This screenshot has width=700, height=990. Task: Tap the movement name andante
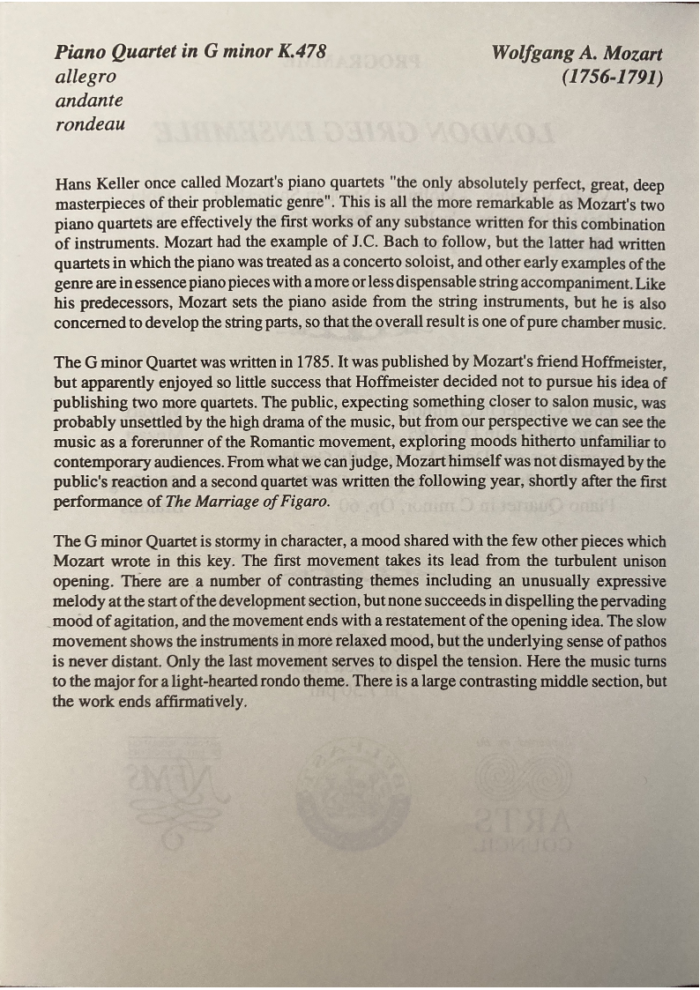click(89, 100)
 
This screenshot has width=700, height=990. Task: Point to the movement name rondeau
click(90, 124)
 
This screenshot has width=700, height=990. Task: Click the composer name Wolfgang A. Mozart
click(577, 53)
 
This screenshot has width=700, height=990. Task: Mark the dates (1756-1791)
click(611, 77)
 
